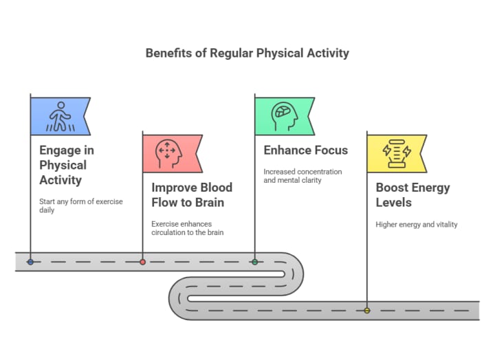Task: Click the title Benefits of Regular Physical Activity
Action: [247, 53]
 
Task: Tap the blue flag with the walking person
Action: [59, 116]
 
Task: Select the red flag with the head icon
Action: [171, 153]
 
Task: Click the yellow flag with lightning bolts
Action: [395, 153]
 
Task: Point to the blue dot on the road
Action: [30, 262]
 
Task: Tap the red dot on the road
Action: [142, 262]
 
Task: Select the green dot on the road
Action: [254, 262]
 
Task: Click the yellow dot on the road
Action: [366, 311]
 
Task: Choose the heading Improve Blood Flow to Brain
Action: [192, 194]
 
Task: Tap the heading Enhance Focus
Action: [306, 150]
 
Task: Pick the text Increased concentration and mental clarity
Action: [302, 176]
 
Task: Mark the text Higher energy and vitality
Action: [417, 224]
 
